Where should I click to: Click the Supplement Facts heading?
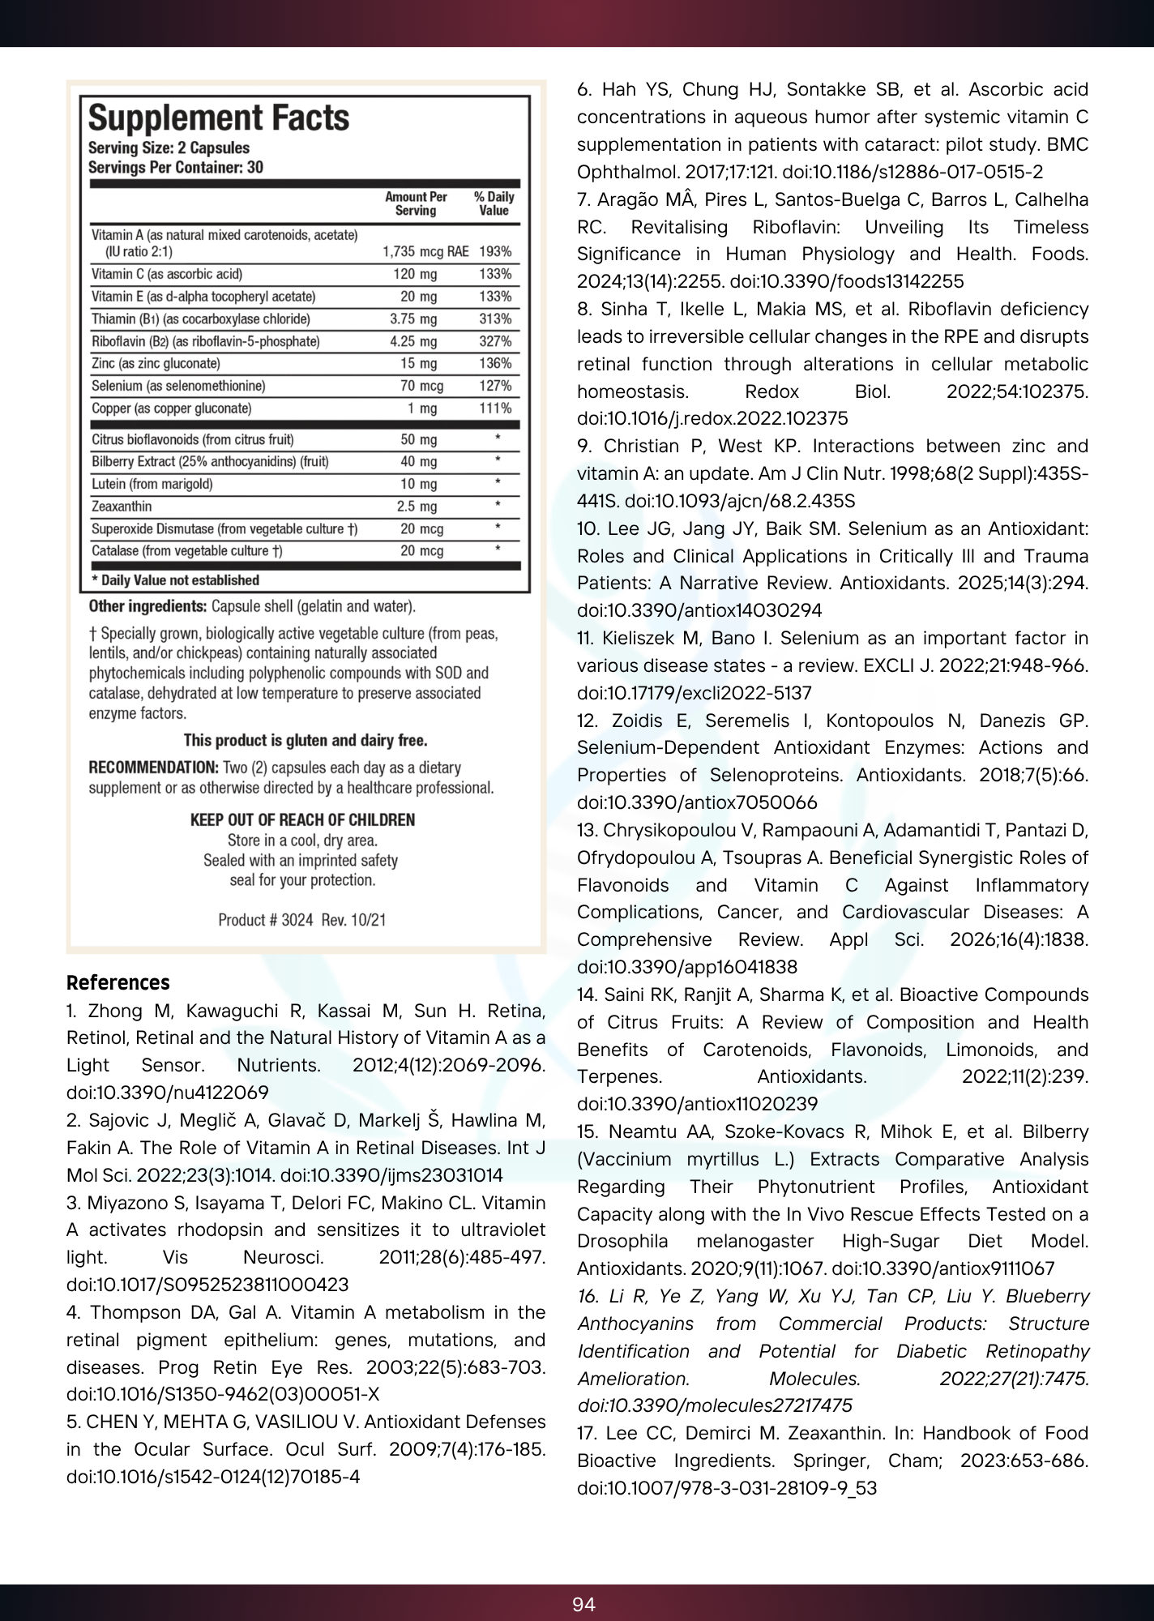[x=219, y=119]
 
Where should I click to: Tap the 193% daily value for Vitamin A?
[x=495, y=251]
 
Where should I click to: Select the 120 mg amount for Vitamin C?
[x=415, y=274]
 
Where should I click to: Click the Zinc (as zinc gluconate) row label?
[x=156, y=363]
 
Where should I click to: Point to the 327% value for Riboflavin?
[x=495, y=341]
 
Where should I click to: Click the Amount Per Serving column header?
[x=416, y=203]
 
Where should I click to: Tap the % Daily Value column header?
[x=494, y=203]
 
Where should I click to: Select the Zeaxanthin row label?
[x=122, y=507]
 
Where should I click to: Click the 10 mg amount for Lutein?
[x=418, y=484]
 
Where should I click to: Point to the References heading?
[x=118, y=983]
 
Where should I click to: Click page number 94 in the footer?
[x=583, y=1605]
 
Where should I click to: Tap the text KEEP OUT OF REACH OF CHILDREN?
[x=302, y=820]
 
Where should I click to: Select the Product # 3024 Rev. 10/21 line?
[x=302, y=920]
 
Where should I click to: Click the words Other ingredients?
[x=147, y=606]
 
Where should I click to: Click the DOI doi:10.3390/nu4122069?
[x=168, y=1093]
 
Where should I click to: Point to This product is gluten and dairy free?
[x=306, y=740]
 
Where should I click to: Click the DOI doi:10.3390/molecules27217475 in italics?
[x=715, y=1405]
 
